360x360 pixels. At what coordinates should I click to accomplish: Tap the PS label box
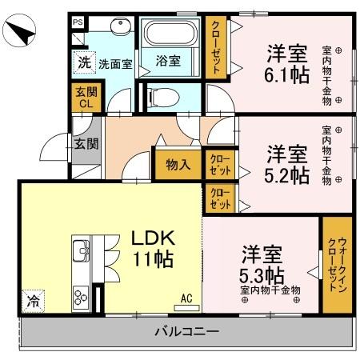[x=78, y=23]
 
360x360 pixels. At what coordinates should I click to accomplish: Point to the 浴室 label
[x=167, y=61]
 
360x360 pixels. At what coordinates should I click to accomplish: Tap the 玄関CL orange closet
[x=85, y=98]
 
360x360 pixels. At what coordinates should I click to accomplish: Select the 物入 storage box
[x=178, y=165]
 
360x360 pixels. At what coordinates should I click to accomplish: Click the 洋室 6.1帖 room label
[x=287, y=63]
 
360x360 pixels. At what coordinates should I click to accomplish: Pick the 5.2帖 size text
[x=287, y=175]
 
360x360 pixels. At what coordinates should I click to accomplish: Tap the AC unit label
[x=187, y=298]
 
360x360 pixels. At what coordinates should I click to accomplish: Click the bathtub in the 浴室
[x=169, y=35]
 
